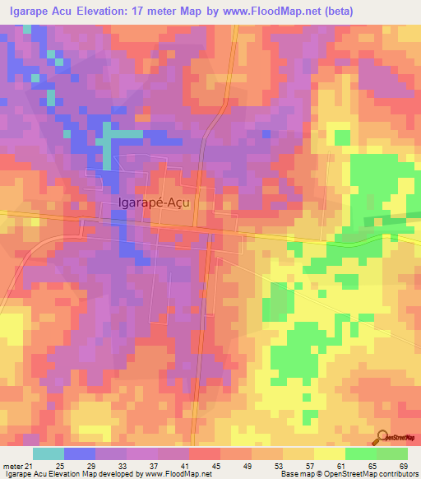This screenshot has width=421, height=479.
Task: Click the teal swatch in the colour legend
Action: (49, 453)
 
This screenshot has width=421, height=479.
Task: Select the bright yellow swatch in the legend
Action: (329, 453)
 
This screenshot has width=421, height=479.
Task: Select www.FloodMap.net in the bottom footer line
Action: (179, 473)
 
